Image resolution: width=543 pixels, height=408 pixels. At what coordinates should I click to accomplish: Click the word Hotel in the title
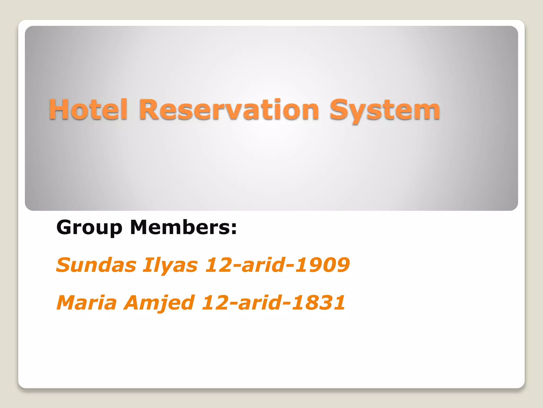tap(88, 109)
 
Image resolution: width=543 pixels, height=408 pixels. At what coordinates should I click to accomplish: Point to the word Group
tap(89, 228)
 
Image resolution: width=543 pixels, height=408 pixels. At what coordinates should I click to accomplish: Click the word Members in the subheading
tap(180, 227)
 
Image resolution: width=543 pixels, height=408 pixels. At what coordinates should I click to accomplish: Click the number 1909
tap(322, 265)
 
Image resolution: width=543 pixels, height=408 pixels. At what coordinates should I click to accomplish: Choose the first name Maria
tap(87, 303)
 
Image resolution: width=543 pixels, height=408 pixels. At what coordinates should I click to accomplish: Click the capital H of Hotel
tap(58, 109)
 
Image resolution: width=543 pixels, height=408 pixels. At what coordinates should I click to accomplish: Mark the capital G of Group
tap(65, 228)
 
